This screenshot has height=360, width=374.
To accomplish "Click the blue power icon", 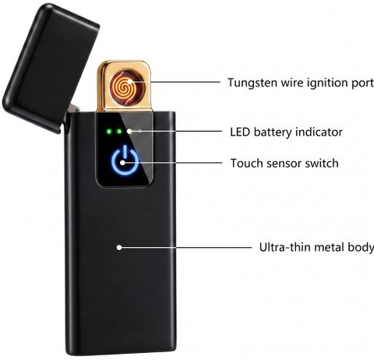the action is (125, 161).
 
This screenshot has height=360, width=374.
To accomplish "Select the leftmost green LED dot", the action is (109, 132).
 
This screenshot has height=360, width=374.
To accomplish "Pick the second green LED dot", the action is (119, 132).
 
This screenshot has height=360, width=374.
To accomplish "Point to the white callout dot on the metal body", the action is (119, 247).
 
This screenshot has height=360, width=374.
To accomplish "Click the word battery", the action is (273, 132).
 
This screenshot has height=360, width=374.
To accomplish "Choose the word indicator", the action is (319, 132).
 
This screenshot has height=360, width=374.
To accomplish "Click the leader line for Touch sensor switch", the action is (174, 163).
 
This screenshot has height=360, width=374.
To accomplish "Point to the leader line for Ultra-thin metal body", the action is (186, 247).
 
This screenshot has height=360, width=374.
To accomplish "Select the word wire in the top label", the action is (288, 83).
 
